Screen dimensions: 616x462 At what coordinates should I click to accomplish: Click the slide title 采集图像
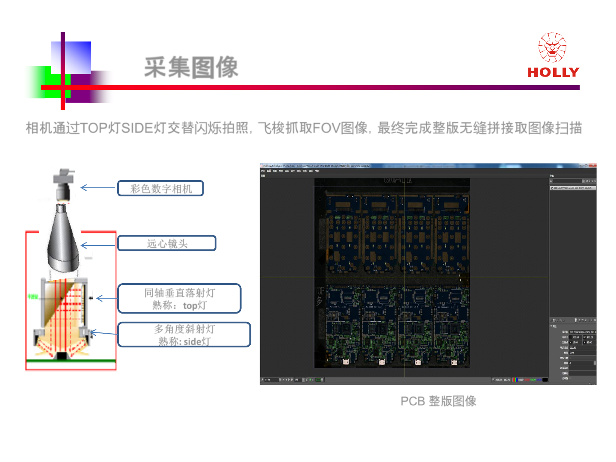pos(191,67)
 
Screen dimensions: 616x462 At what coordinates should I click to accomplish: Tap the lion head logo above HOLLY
pos(552,47)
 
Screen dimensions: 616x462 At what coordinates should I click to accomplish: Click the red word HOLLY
pos(553,72)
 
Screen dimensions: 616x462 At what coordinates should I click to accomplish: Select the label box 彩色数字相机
pos(160,188)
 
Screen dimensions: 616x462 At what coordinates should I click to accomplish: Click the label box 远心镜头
pos(167,243)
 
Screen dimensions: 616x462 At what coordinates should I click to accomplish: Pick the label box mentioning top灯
pos(179,299)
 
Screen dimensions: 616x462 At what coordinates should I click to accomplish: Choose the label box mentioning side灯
pos(184,335)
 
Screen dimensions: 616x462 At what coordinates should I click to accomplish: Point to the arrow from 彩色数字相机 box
pos(98,188)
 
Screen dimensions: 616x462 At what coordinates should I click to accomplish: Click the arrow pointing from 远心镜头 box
pos(98,245)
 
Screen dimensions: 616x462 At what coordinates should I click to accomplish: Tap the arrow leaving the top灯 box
pos(106,298)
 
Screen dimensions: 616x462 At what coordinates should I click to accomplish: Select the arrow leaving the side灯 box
pos(103,333)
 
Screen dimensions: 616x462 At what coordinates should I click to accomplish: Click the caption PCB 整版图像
pos(438,401)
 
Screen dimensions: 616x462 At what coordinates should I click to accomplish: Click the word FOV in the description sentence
pos(326,127)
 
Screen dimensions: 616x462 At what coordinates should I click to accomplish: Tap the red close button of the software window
pos(593,166)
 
